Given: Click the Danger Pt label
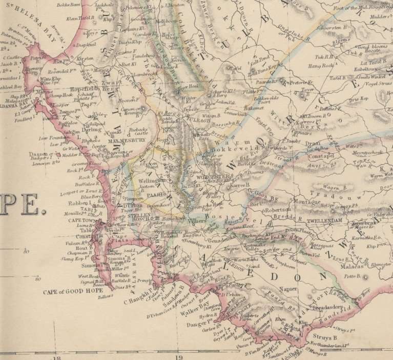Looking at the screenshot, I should tap(199, 324).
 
